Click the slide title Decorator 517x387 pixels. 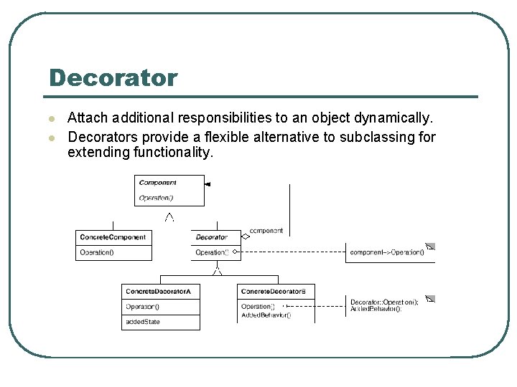click(x=113, y=77)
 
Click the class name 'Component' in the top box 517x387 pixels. click(x=157, y=183)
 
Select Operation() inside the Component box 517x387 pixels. click(x=156, y=198)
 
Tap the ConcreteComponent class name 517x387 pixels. click(x=113, y=237)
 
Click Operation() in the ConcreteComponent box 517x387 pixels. click(x=97, y=252)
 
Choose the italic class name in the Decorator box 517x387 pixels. click(x=211, y=237)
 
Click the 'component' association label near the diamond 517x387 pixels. click(x=266, y=231)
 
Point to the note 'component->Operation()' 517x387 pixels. click(x=386, y=252)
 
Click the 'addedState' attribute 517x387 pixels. click(x=143, y=322)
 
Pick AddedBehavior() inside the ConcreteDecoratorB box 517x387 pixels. click(x=266, y=315)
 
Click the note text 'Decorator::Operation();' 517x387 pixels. click(x=384, y=302)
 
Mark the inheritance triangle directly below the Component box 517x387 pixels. click(x=169, y=216)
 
